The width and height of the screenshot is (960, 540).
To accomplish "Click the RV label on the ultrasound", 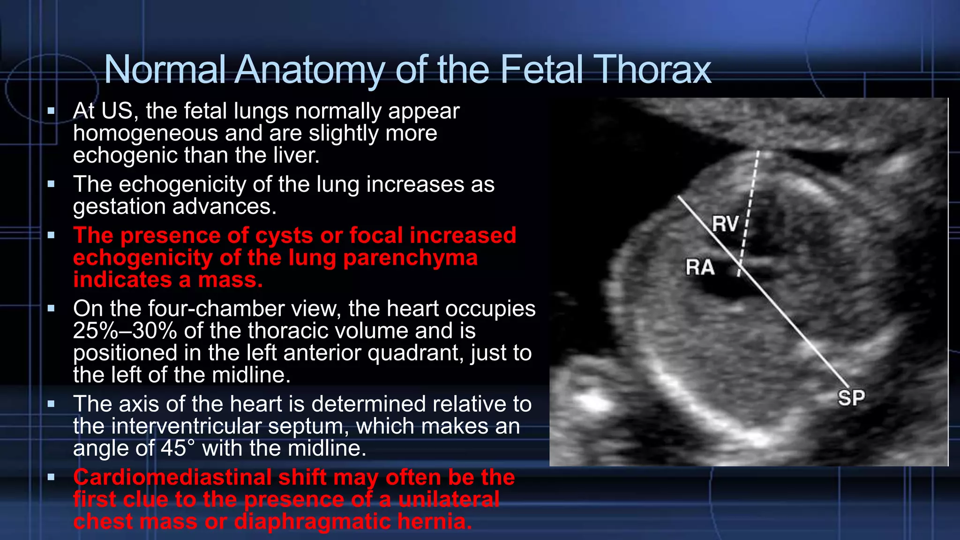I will click(725, 224).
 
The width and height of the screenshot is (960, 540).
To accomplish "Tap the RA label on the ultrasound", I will click(700, 267).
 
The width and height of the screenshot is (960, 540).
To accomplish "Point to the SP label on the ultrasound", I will click(851, 398).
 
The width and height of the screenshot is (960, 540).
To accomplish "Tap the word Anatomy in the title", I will click(309, 70).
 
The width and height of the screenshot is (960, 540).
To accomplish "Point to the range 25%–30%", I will click(125, 331).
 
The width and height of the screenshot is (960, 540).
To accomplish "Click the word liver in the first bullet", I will click(298, 155).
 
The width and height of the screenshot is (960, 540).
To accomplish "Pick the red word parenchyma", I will click(410, 258).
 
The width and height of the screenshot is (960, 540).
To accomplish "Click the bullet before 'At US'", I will click(51, 112).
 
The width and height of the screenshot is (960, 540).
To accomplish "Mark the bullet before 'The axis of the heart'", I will click(51, 404).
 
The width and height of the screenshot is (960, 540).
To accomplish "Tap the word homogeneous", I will click(146, 133).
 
